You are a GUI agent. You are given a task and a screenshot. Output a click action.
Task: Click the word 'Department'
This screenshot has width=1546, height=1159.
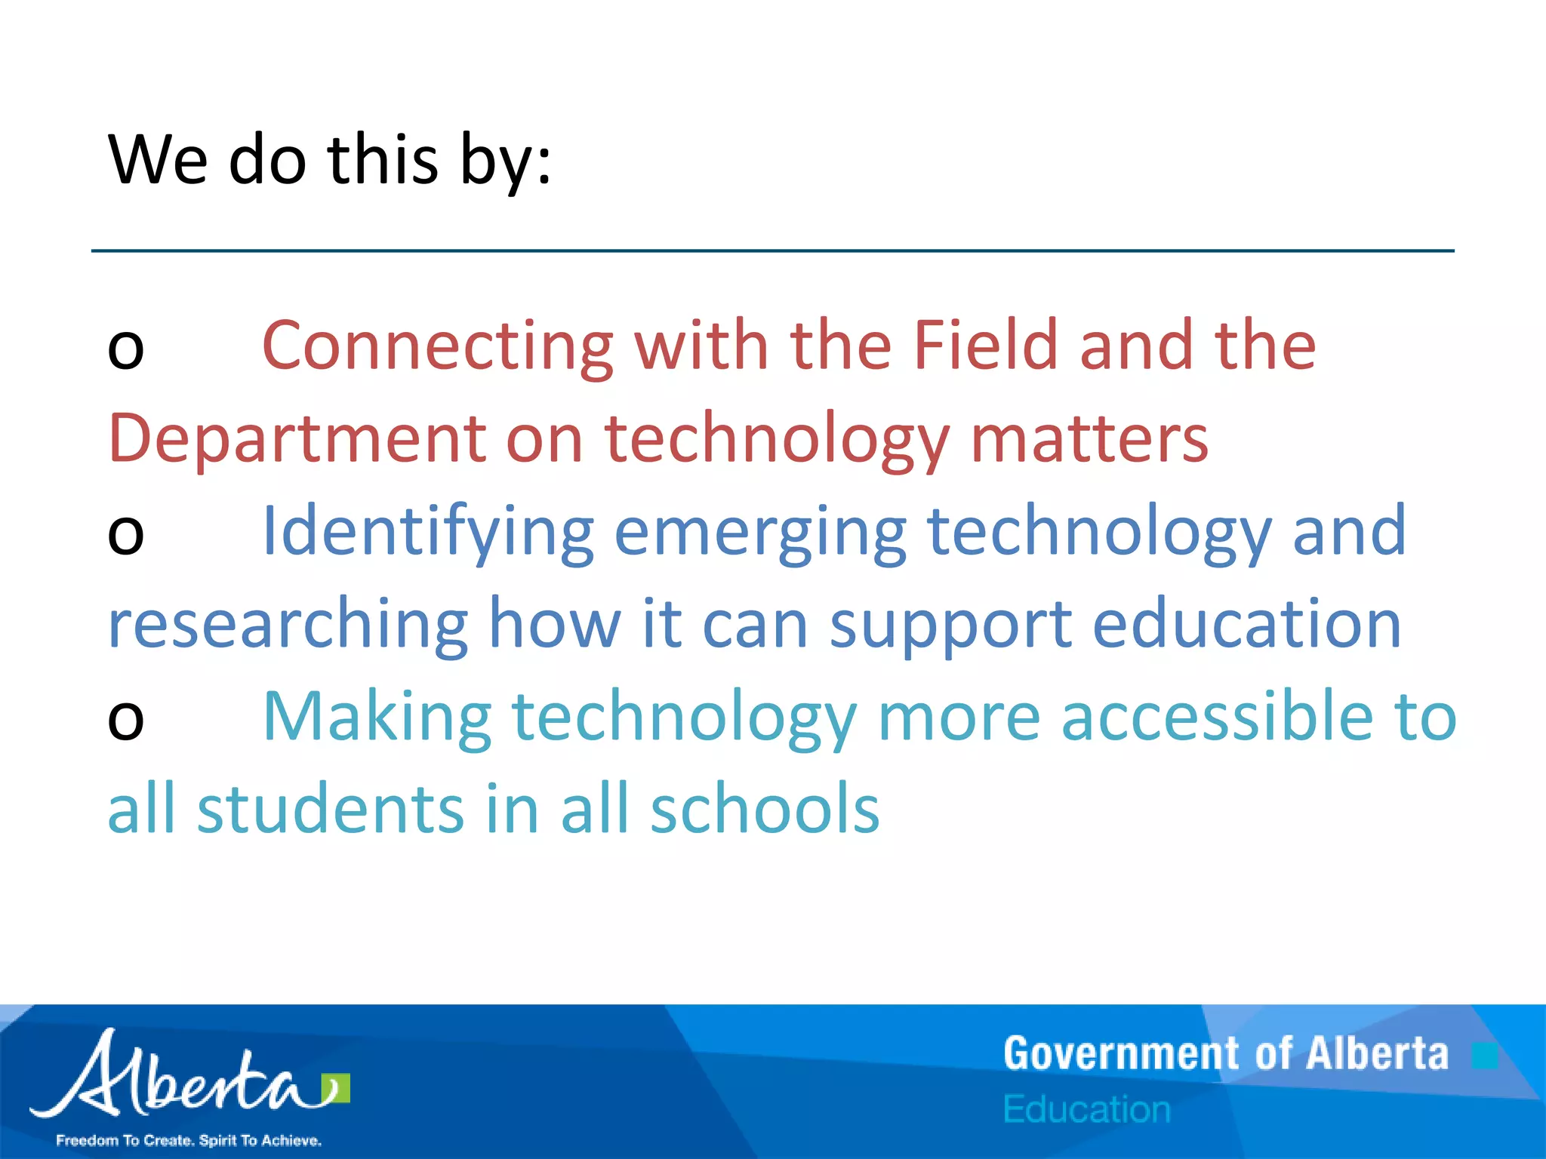click(297, 439)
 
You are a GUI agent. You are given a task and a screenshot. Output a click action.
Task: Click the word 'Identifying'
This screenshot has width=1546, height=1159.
click(427, 533)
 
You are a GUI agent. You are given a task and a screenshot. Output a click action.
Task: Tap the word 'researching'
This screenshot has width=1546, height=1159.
click(288, 625)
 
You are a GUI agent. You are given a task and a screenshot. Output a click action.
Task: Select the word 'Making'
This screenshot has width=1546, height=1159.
click(377, 718)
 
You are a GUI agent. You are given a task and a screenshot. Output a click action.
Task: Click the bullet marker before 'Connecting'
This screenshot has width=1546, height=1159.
click(125, 351)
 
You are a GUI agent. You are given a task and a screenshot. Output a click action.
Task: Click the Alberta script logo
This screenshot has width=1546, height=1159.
click(189, 1075)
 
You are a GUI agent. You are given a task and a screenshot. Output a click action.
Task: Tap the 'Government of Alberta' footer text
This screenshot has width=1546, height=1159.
click(1226, 1054)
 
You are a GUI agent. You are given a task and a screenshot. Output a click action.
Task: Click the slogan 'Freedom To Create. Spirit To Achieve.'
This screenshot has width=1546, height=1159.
click(189, 1140)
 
